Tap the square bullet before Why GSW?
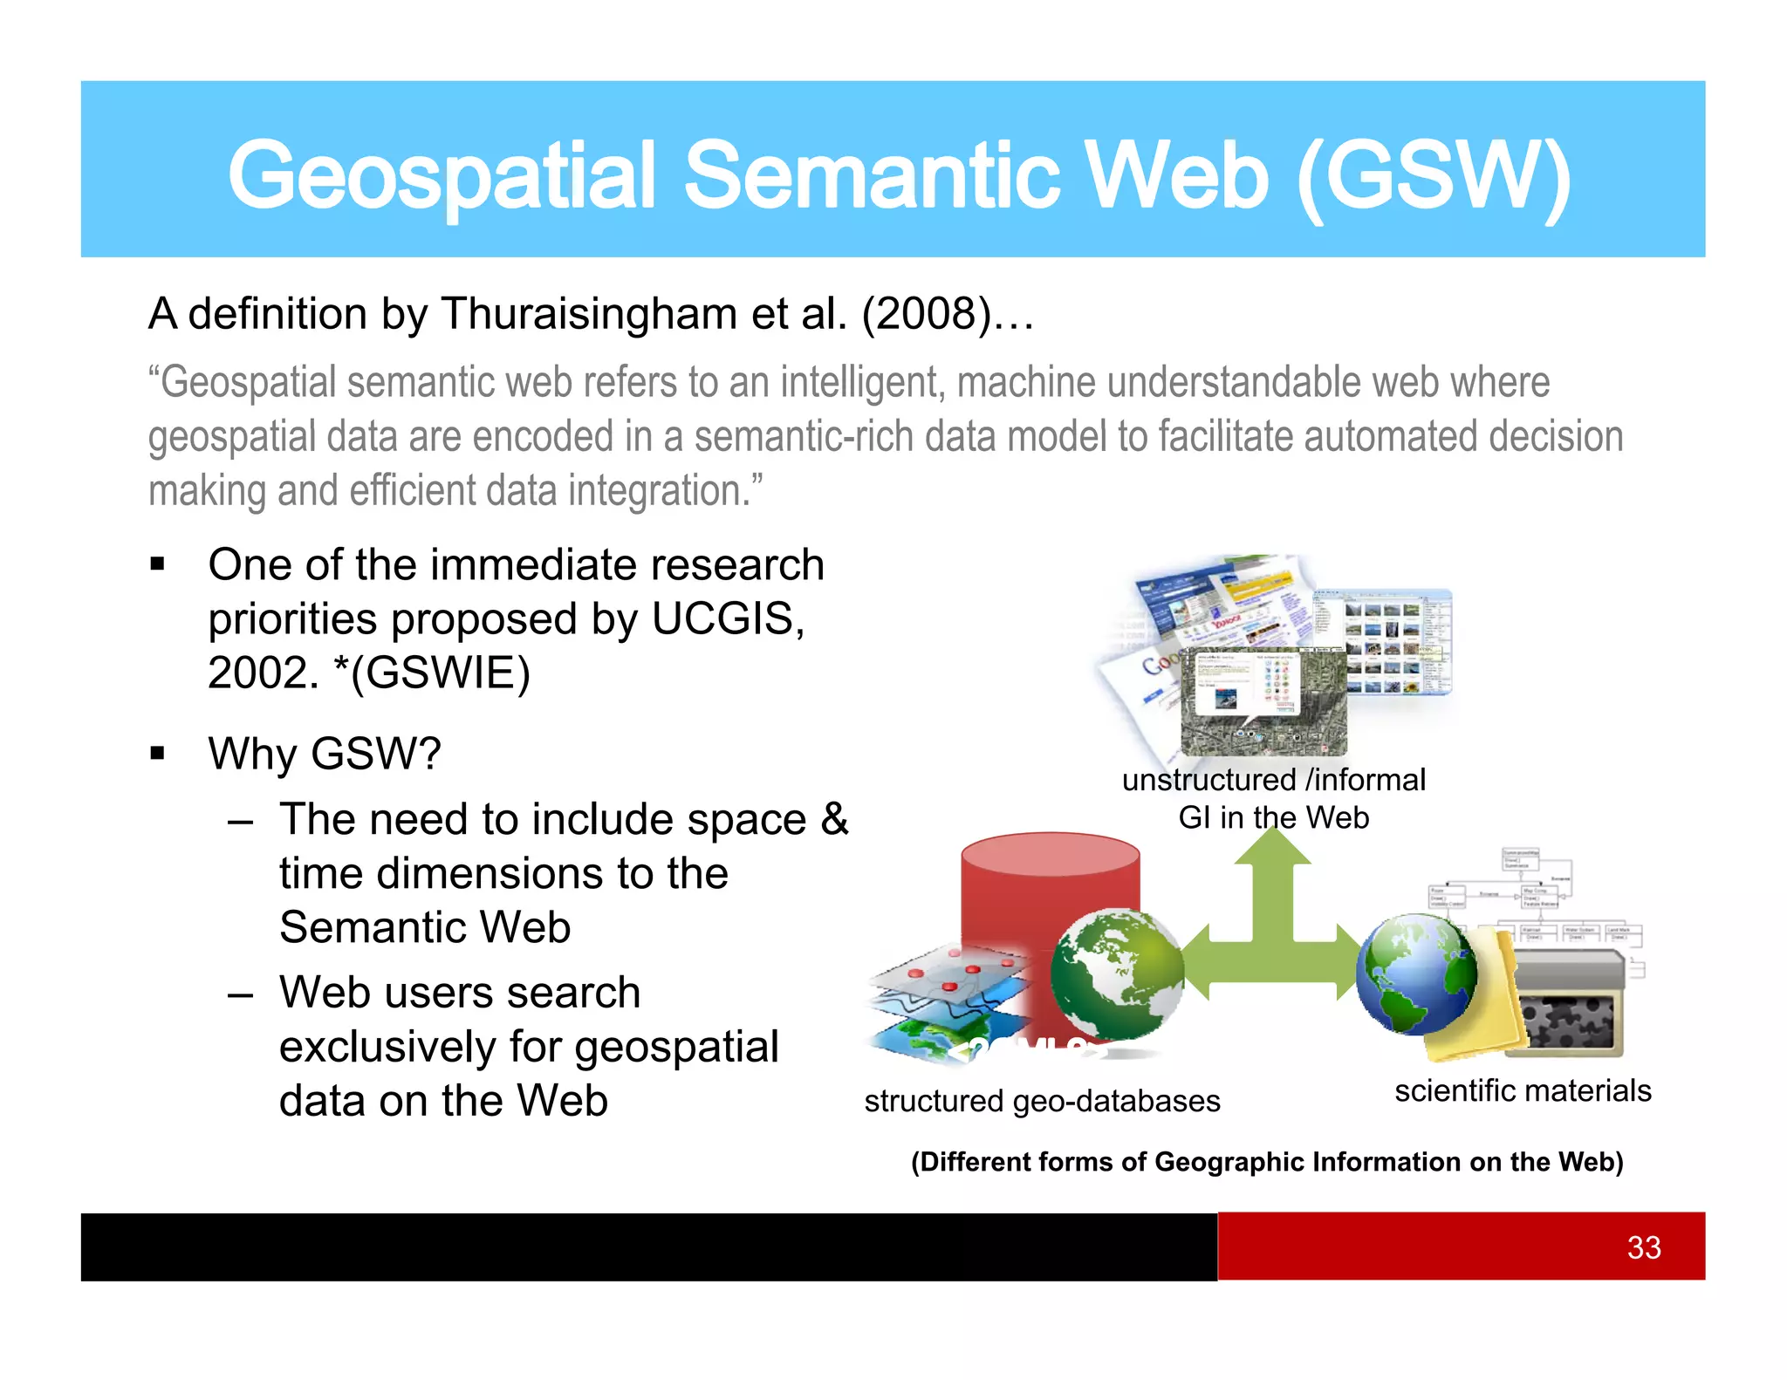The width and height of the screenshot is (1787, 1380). coord(157,754)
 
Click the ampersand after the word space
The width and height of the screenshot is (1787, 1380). coord(833,819)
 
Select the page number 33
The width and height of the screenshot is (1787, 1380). coord(1643,1247)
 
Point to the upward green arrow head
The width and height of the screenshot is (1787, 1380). coord(1272,846)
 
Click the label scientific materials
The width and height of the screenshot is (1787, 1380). coord(1522,1090)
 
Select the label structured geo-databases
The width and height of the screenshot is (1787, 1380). coord(1042,1101)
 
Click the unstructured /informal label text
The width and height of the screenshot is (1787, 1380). coord(1273,780)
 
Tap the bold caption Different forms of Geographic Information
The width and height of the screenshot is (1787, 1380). coord(1266,1162)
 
